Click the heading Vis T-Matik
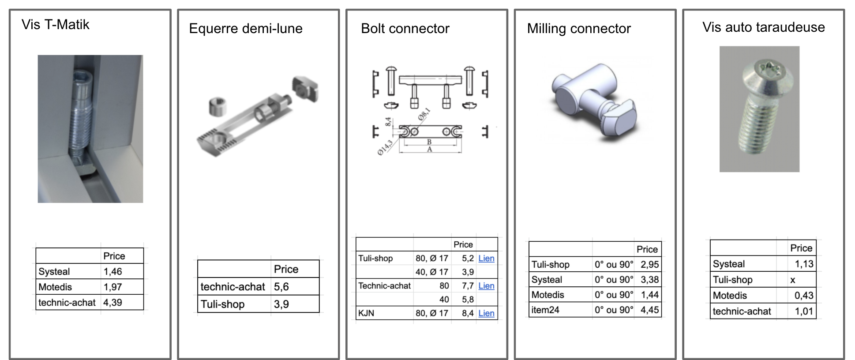tap(55, 25)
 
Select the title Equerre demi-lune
tap(246, 29)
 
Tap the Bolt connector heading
tap(405, 29)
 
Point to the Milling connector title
tap(579, 29)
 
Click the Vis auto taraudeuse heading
tap(763, 27)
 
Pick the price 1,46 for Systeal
tap(113, 272)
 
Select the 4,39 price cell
tap(113, 303)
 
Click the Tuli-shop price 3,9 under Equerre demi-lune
tap(281, 304)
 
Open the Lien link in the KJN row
tap(486, 313)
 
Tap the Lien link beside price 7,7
tap(486, 286)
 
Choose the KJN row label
tap(366, 313)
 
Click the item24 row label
tap(545, 310)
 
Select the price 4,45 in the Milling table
tap(649, 310)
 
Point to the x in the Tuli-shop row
tap(793, 280)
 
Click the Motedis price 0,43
tap(804, 296)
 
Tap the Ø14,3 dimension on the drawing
tap(385, 147)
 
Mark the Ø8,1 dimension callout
tap(424, 114)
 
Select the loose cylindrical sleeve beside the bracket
tap(217, 107)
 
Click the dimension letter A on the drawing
tap(429, 150)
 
